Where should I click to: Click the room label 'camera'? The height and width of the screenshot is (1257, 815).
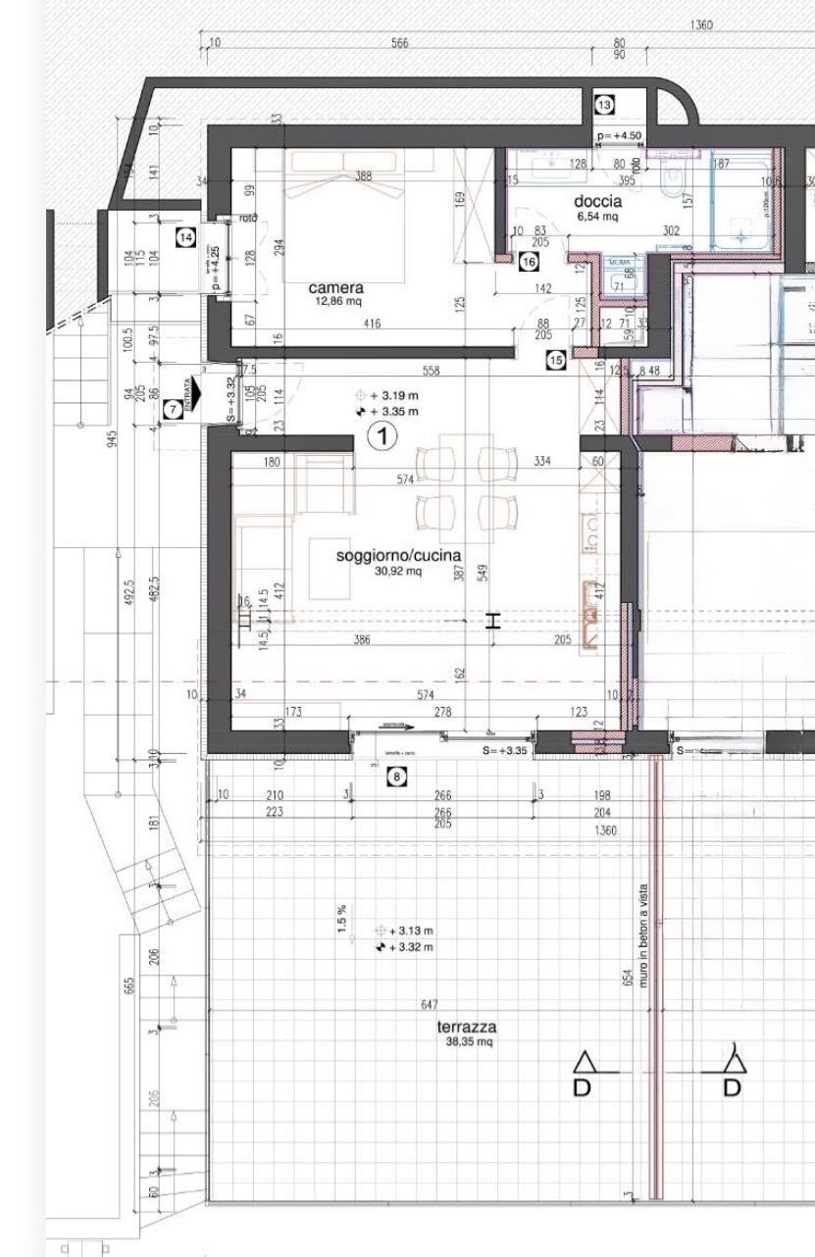click(336, 288)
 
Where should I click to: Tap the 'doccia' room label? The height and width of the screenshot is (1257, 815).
click(597, 202)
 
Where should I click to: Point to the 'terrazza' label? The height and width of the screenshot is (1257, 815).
click(467, 1028)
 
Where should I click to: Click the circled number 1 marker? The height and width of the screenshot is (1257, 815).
click(382, 436)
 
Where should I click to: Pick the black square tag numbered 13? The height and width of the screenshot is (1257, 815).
click(604, 105)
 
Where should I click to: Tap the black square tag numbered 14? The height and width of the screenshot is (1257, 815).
click(185, 235)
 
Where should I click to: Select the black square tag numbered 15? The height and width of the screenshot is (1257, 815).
click(556, 361)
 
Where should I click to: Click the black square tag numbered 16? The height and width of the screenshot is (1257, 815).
click(529, 262)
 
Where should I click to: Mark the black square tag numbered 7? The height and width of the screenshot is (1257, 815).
click(172, 411)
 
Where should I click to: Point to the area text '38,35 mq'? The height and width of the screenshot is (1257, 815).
click(469, 1042)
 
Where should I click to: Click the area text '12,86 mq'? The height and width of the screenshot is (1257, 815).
click(336, 301)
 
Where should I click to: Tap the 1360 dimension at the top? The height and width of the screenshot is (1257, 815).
click(701, 25)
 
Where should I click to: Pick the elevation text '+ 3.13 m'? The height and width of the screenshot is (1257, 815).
click(411, 930)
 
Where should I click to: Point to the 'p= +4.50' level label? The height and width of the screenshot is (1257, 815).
click(619, 135)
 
